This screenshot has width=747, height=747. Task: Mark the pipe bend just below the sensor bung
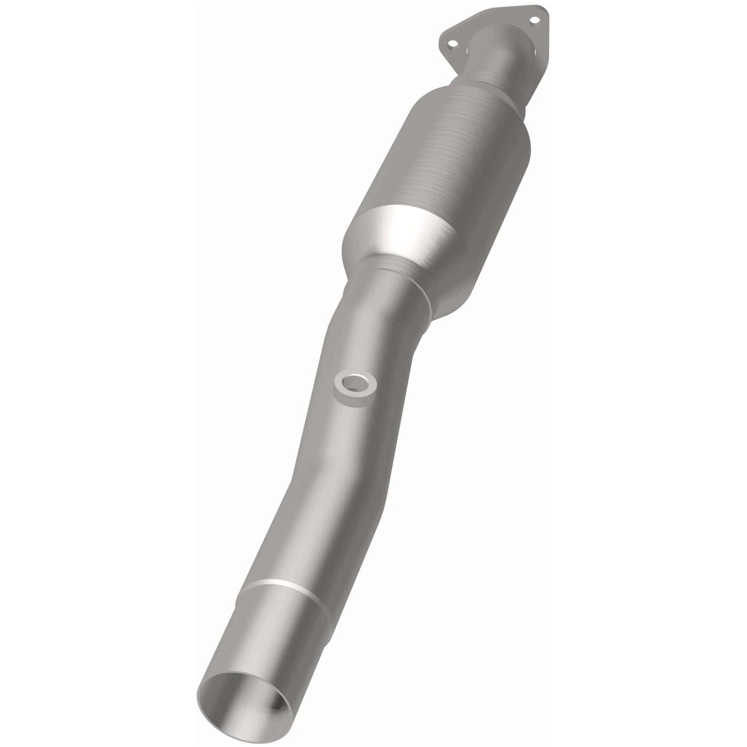(331, 445)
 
